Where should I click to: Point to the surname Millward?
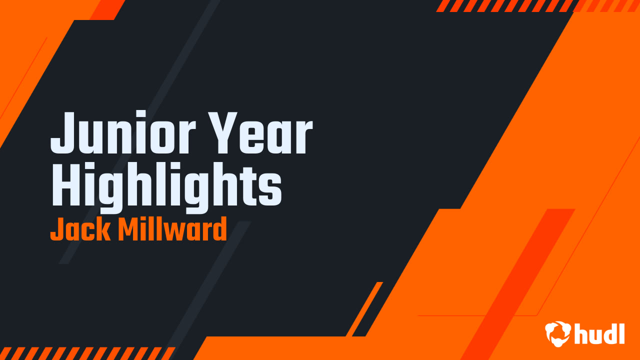[x=172, y=230]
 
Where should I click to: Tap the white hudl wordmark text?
[x=599, y=333]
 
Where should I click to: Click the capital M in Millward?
[x=129, y=230]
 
